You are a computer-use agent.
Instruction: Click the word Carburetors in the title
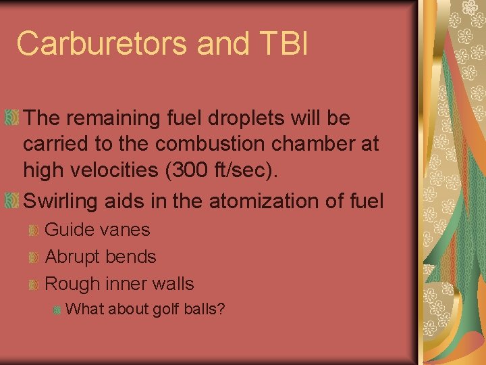(102, 44)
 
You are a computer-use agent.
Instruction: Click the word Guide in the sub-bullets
(70, 230)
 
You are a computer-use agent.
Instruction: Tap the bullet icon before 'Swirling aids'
(11, 201)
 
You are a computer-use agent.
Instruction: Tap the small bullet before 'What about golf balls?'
(57, 310)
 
